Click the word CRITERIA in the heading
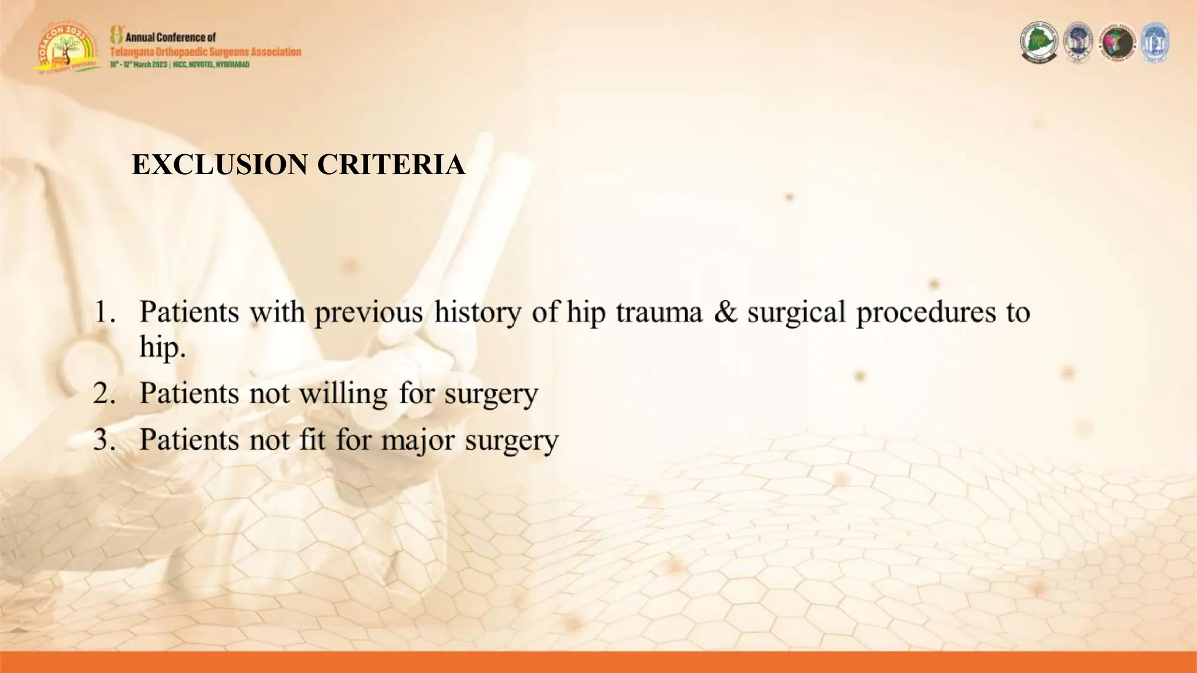(x=391, y=165)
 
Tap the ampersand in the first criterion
(x=725, y=312)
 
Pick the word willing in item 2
(x=343, y=394)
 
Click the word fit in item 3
(x=312, y=439)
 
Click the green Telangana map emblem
(x=1039, y=43)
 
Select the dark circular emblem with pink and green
(x=1117, y=43)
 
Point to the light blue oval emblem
(x=1155, y=43)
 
